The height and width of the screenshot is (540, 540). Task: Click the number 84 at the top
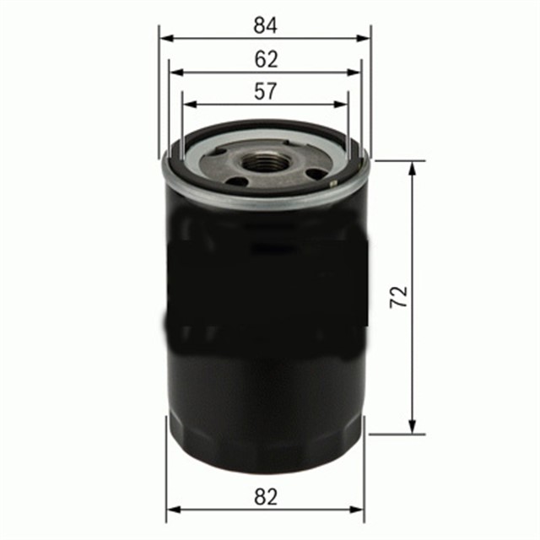265,25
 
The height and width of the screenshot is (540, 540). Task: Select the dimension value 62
265,59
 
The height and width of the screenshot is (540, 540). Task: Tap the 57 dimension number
265,92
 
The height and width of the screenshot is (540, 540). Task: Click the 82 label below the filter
265,497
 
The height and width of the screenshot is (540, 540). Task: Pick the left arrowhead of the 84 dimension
165,38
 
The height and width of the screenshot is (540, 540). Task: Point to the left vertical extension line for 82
167,472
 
